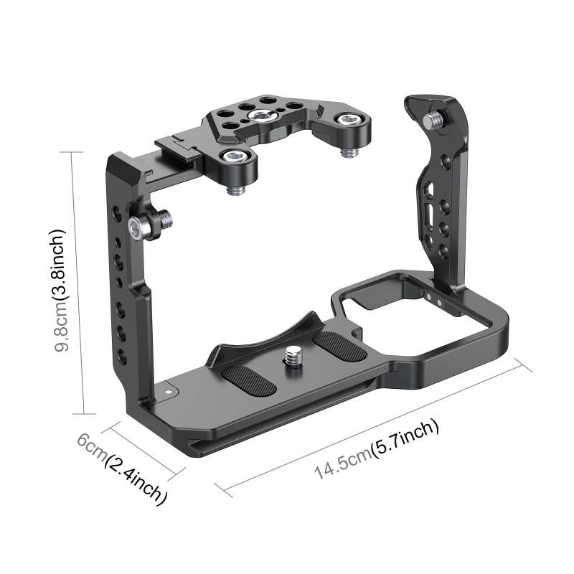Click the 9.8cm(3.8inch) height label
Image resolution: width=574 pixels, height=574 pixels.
click(62, 290)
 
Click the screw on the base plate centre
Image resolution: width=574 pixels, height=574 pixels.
click(293, 354)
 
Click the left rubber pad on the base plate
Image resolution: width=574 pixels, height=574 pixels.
click(248, 379)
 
